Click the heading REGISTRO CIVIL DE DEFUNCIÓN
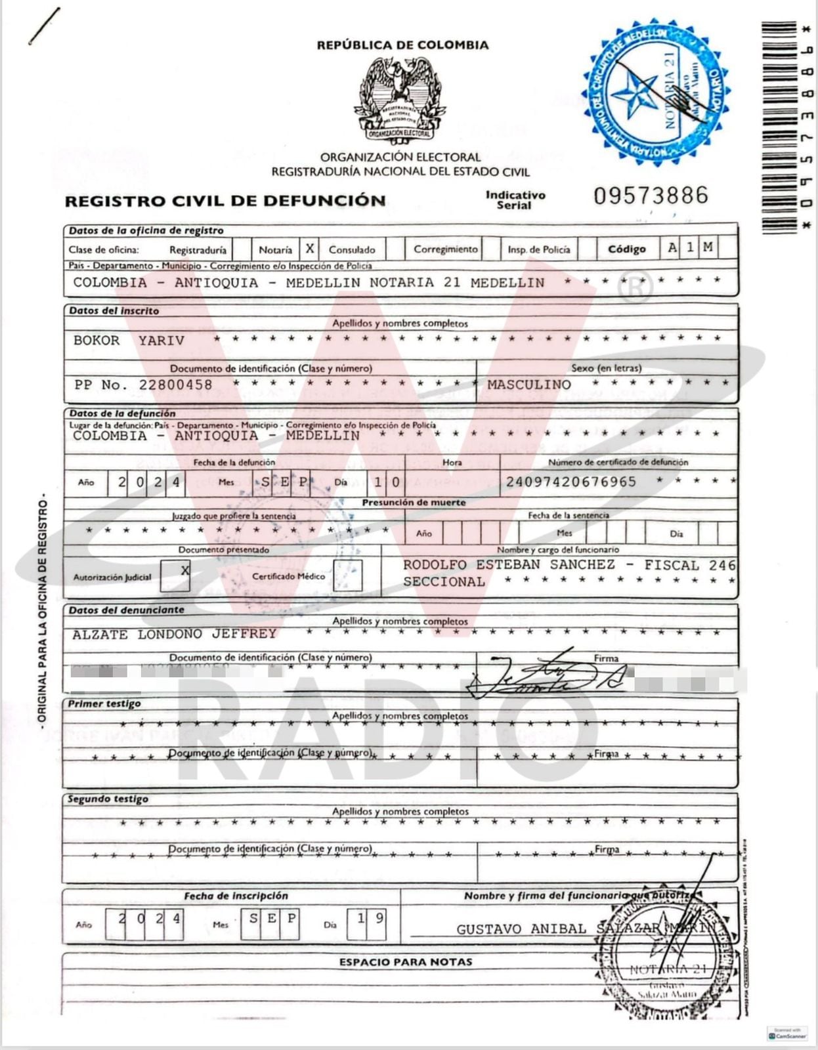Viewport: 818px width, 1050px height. [225, 201]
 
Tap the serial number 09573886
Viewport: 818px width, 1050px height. [651, 196]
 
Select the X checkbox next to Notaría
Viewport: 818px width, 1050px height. [309, 249]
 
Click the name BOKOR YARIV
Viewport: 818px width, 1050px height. [129, 341]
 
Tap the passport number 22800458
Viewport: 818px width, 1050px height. [175, 385]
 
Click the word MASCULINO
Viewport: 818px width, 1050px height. [529, 385]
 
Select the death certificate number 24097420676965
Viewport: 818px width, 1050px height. [570, 482]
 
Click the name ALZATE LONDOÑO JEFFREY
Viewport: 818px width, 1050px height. [175, 634]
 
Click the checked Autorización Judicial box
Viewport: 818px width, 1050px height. [176, 576]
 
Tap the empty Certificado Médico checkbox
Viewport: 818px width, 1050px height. [348, 576]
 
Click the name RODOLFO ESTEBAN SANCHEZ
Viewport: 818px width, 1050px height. [509, 565]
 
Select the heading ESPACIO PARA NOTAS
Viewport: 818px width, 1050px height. [406, 962]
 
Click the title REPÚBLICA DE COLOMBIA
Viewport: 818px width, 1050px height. [402, 45]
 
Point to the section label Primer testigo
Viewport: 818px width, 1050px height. [104, 704]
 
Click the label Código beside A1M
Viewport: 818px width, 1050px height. [626, 249]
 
